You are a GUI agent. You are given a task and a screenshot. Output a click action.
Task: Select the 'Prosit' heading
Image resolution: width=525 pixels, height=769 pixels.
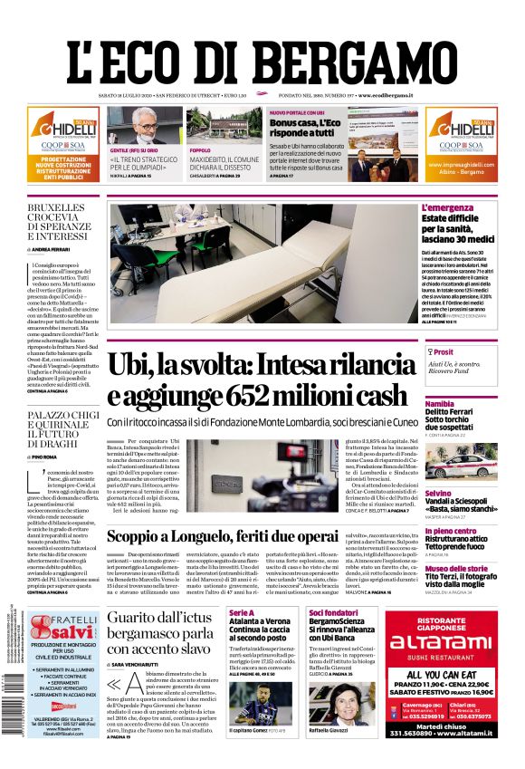pos(444,352)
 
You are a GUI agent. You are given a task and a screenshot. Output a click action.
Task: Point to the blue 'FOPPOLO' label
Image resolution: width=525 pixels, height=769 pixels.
pos(200,150)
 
